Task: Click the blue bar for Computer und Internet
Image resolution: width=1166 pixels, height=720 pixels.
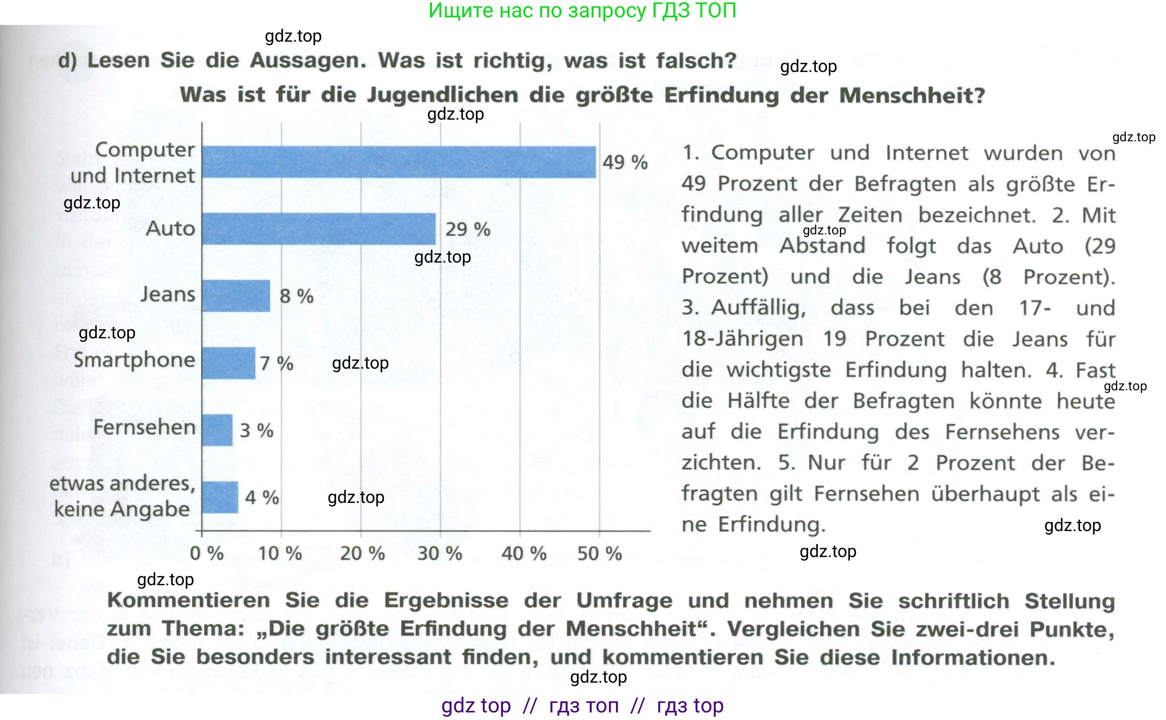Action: (399, 162)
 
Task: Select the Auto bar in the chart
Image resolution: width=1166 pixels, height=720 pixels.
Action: (319, 229)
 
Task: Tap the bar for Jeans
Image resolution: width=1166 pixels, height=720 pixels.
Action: (236, 296)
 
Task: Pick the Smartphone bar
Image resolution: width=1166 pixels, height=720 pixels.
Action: (228, 363)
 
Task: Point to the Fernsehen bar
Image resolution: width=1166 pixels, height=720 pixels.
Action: (217, 430)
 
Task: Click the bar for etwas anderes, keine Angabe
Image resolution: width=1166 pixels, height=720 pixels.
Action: (220, 497)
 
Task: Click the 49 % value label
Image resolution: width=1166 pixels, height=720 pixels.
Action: (625, 162)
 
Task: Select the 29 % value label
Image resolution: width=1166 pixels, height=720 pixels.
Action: (468, 229)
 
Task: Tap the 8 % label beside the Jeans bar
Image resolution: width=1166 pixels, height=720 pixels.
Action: (296, 296)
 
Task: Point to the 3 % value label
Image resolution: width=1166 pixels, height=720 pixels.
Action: (257, 430)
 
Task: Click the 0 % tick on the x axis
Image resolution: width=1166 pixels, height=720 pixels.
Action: (207, 553)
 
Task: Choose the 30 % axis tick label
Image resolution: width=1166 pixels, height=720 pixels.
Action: (440, 553)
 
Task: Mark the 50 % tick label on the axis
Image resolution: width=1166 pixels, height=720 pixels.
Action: (599, 553)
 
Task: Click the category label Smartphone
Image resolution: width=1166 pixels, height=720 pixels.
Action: (134, 360)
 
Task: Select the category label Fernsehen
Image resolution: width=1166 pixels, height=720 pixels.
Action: (144, 427)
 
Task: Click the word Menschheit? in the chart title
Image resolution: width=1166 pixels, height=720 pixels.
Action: (912, 95)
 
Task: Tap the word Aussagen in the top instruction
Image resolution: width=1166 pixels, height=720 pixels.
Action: (308, 61)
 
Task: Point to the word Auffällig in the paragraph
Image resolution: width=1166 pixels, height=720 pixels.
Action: (758, 308)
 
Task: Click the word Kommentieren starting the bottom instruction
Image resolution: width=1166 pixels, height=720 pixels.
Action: (188, 600)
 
